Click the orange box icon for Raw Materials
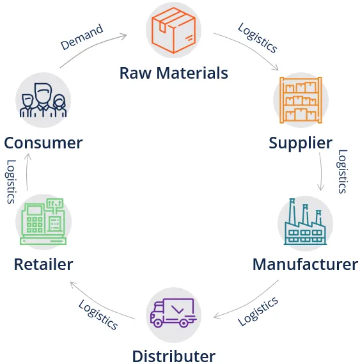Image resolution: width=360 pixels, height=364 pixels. click(x=173, y=30)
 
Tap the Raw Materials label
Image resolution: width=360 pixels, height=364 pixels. click(x=174, y=73)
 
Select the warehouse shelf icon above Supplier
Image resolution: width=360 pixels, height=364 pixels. click(x=301, y=100)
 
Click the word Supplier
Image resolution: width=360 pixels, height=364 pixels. click(x=301, y=144)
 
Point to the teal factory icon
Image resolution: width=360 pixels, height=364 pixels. click(x=305, y=222)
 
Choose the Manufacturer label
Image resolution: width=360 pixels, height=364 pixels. click(x=305, y=264)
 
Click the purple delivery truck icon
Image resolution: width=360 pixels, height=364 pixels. click(x=173, y=313)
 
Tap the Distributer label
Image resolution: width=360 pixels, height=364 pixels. click(x=174, y=356)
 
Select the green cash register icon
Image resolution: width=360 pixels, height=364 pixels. click(x=43, y=221)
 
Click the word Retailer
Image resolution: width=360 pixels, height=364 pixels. click(x=43, y=264)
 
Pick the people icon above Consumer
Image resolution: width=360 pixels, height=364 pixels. click(x=43, y=100)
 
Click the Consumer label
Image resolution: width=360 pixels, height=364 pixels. click(x=43, y=143)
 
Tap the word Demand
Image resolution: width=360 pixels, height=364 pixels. click(x=82, y=37)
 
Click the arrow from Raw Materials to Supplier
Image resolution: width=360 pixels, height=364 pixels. click(x=249, y=47)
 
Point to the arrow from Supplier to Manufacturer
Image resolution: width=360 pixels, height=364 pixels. click(x=322, y=172)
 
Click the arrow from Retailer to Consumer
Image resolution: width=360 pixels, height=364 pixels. click(x=27, y=172)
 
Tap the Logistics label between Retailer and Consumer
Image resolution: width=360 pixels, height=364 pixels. click(x=11, y=182)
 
